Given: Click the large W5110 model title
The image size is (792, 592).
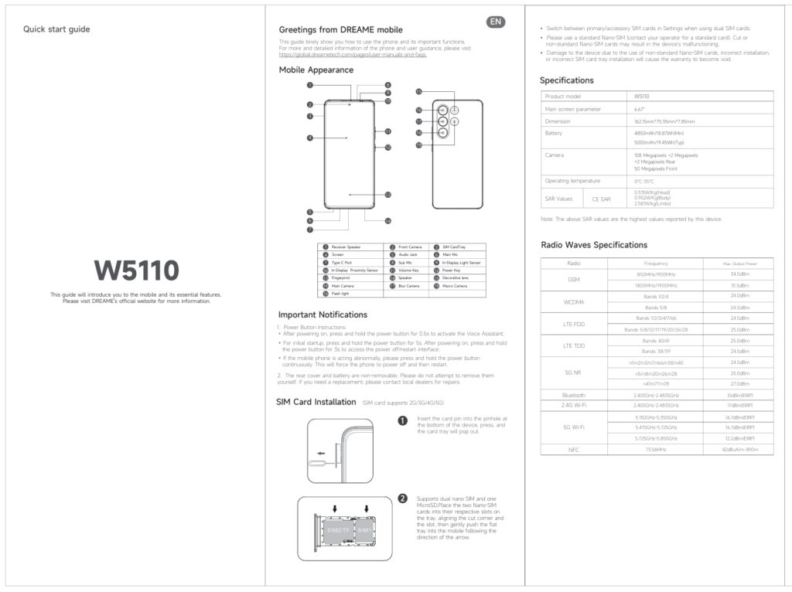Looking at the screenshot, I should pyautogui.click(x=137, y=270).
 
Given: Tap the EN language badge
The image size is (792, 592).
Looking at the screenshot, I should pyautogui.click(x=496, y=22).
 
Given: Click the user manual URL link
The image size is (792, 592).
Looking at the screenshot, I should pyautogui.click(x=353, y=55).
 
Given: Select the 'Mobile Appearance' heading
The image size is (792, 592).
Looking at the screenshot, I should pyautogui.click(x=316, y=70).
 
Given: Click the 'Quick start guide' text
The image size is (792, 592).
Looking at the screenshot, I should pyautogui.click(x=56, y=29).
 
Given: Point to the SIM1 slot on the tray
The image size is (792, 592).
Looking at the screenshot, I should pyautogui.click(x=364, y=531).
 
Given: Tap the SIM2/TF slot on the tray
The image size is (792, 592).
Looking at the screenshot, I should pyautogui.click(x=337, y=531).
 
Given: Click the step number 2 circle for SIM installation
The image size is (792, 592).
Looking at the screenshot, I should pyautogui.click(x=402, y=498).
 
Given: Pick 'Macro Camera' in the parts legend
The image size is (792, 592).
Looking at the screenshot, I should pyautogui.click(x=455, y=286).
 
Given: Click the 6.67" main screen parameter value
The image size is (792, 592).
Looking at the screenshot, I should pyautogui.click(x=639, y=109).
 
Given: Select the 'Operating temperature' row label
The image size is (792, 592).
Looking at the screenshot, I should pyautogui.click(x=572, y=181).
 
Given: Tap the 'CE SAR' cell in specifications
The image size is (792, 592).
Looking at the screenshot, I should pyautogui.click(x=601, y=199).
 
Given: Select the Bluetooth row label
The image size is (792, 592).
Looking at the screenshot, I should pyautogui.click(x=573, y=395).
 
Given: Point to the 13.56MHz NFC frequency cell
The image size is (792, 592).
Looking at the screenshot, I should pyautogui.click(x=655, y=449).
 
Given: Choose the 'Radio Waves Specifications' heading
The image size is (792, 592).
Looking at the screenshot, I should pyautogui.click(x=593, y=245).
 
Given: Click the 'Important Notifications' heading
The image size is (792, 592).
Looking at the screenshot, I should pyautogui.click(x=323, y=315).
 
